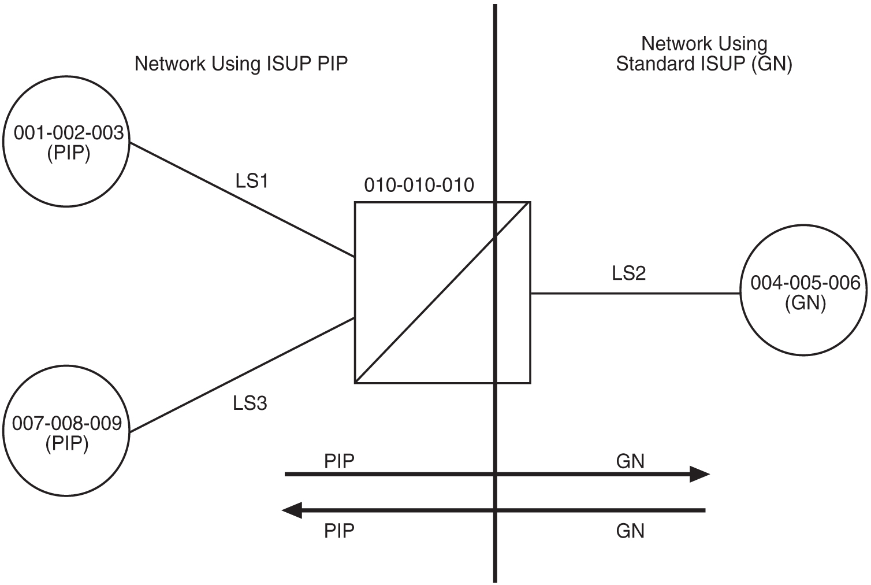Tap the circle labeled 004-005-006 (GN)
tap(805, 292)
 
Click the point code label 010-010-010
tap(419, 185)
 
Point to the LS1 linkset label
tap(252, 182)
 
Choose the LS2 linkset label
tap(628, 273)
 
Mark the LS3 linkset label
tap(250, 403)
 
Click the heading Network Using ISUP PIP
tap(241, 64)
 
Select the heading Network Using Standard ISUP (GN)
tap(703, 54)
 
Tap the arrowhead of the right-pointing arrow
tap(700, 475)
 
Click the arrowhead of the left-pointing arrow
tap(292, 510)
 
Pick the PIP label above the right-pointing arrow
tap(339, 461)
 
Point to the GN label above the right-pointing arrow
tap(630, 461)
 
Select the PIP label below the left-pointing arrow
tap(339, 530)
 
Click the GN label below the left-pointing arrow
tap(630, 530)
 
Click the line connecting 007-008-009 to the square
tap(243, 375)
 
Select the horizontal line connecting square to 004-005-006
tap(635, 294)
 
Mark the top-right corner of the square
tap(530, 202)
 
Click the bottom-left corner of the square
tap(355, 383)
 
